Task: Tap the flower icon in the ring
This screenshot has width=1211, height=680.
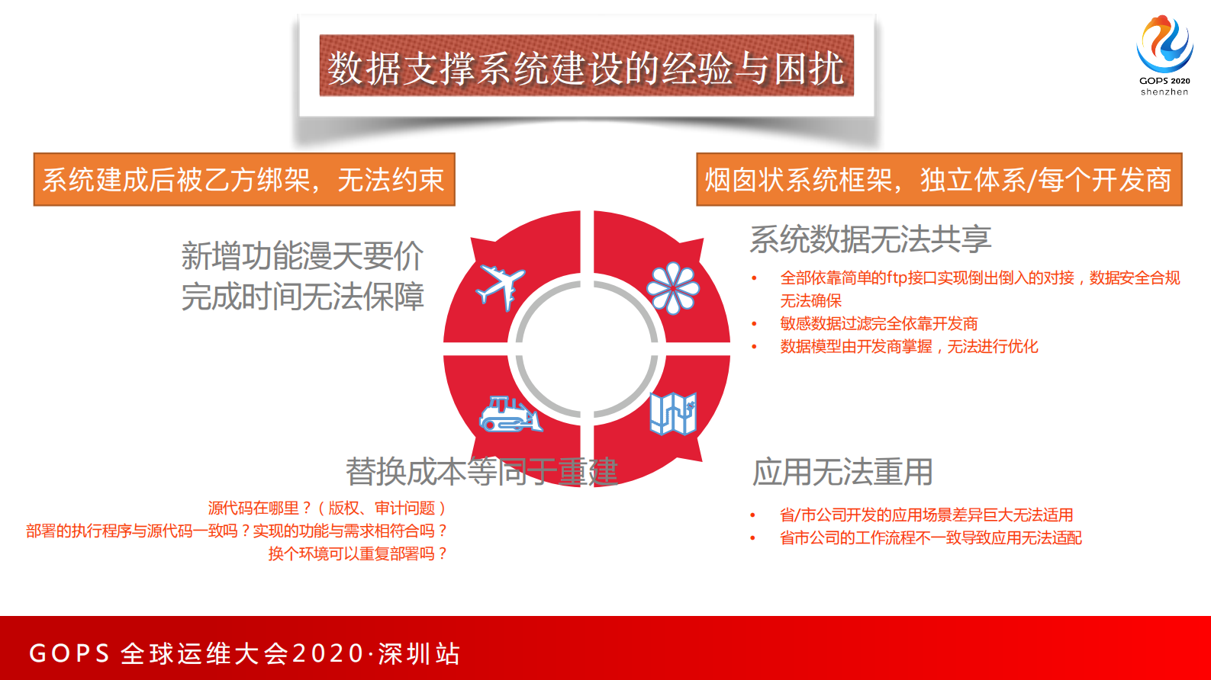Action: click(672, 289)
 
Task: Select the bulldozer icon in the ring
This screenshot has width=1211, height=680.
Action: click(510, 415)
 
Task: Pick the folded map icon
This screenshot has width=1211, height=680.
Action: click(673, 414)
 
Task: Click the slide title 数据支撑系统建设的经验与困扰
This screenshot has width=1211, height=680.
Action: click(586, 67)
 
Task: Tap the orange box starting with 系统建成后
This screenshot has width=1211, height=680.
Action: click(244, 180)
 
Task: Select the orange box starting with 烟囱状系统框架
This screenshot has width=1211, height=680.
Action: click(939, 180)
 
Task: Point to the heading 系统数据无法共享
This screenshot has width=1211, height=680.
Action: click(870, 239)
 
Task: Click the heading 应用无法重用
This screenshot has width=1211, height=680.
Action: click(842, 472)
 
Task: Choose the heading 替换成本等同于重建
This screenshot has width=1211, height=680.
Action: click(482, 472)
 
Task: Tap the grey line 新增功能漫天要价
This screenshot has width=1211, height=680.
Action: click(302, 256)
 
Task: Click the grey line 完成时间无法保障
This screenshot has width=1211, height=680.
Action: click(302, 297)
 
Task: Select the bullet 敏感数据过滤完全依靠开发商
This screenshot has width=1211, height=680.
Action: click(878, 324)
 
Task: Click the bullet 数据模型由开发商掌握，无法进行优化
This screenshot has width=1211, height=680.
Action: click(909, 347)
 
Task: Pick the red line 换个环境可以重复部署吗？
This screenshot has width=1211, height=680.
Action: click(357, 553)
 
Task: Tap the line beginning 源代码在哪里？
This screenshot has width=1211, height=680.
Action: click(327, 508)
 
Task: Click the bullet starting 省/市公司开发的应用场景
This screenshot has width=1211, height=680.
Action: click(926, 515)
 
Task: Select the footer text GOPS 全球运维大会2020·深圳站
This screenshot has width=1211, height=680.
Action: click(244, 653)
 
